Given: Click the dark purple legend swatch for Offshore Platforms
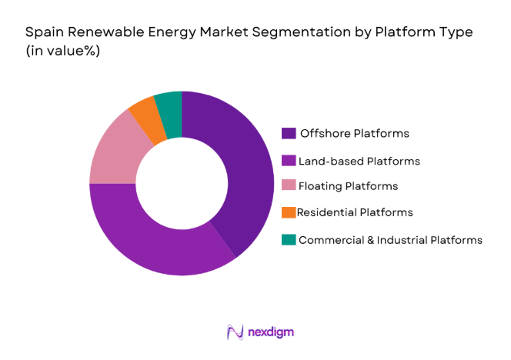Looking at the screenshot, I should coord(289,133).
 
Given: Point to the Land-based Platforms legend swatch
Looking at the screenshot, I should coord(289,160).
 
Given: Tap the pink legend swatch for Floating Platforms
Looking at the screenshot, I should coord(289,186).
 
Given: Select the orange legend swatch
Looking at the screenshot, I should coord(289,212).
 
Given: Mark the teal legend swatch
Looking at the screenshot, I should coord(289,239).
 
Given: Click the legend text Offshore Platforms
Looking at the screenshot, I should coord(355,133).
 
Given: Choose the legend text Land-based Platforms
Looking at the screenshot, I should coord(360,160).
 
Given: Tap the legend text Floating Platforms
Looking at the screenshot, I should coord(349,186).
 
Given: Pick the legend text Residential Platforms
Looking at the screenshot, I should coord(356,212).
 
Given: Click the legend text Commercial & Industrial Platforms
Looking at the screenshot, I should coord(390,239).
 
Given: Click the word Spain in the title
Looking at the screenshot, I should coord(42,33).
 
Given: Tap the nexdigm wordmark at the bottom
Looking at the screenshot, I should coord(271,332).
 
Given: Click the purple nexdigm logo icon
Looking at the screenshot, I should coord(235,332).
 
